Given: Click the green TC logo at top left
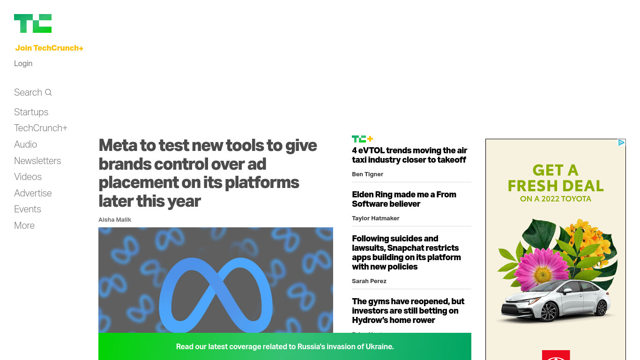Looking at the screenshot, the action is tap(33, 23).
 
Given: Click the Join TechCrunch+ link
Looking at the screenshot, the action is tap(49, 48).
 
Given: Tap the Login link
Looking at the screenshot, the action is tap(23, 63).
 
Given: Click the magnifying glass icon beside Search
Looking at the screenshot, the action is tap(48, 92).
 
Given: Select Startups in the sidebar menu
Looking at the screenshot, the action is tap(31, 112).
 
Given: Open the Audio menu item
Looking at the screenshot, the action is tap(25, 144).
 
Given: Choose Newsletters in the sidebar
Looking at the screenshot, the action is tap(37, 161).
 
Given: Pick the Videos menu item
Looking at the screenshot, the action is tap(28, 177).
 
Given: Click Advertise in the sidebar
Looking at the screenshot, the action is tap(33, 193).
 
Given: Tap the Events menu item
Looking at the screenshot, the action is tap(28, 209).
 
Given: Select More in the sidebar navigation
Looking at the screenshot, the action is tap(24, 225).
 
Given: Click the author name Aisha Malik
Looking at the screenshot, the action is tap(115, 219).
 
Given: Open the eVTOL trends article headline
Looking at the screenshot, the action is tap(409, 155).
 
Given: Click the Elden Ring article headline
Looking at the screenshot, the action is tap(404, 199).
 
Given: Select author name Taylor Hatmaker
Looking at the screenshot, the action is tap(375, 218).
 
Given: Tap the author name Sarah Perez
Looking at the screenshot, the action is tap(369, 281).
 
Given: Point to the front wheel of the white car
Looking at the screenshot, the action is tap(548, 312).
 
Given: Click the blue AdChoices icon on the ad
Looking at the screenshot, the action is tap(621, 142).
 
